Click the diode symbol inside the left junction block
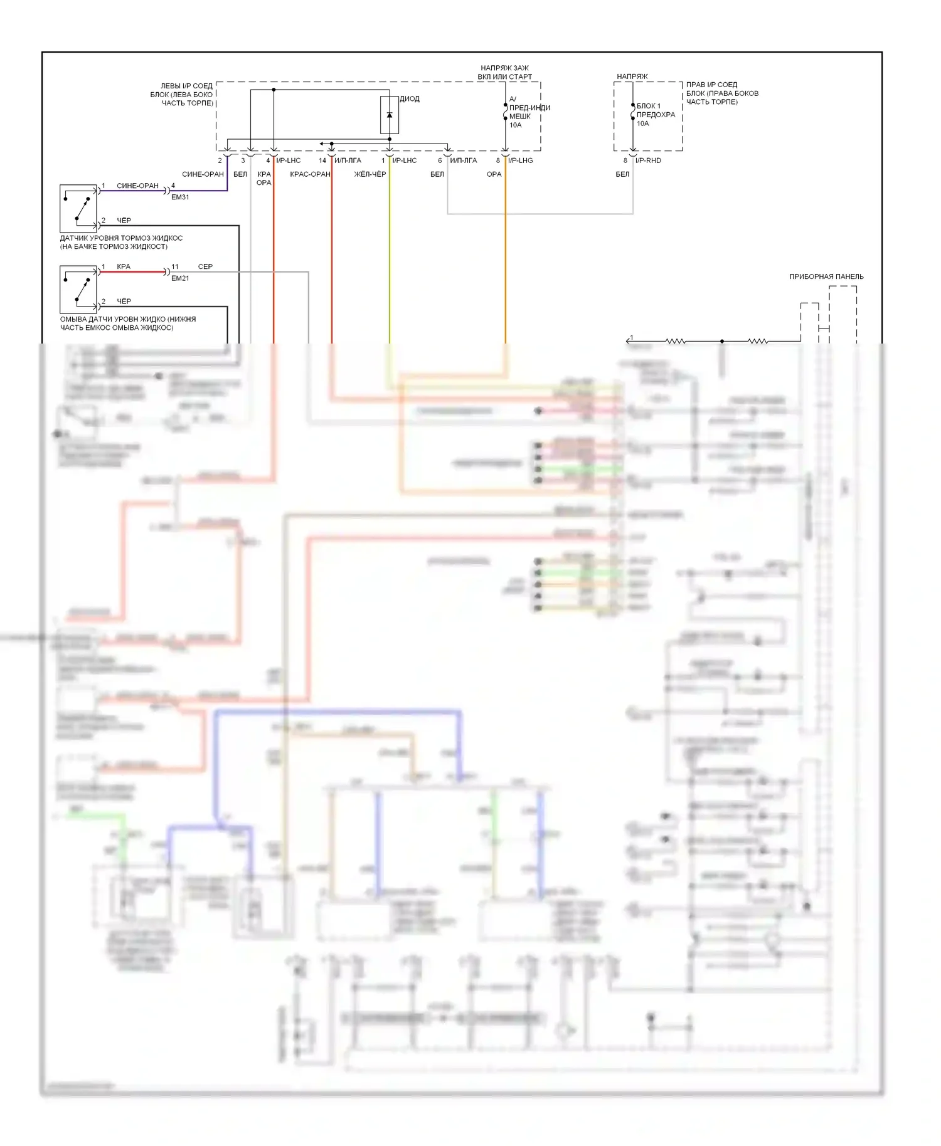click(x=390, y=115)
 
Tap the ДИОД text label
click(x=410, y=99)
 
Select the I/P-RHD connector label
click(x=648, y=160)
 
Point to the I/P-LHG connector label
click(x=521, y=160)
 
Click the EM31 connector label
click(x=180, y=197)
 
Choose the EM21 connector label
click(x=180, y=278)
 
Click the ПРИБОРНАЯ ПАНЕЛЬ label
click(x=826, y=276)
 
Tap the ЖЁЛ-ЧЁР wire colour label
click(x=370, y=174)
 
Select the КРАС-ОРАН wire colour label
click(x=310, y=174)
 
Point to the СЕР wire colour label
click(x=205, y=266)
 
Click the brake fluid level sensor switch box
click(x=78, y=209)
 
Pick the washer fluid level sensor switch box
click(x=78, y=290)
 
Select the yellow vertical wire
click(x=390, y=251)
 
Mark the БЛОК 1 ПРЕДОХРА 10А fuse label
click(x=656, y=115)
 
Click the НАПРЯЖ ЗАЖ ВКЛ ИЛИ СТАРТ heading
click(x=504, y=72)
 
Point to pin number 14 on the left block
click(x=322, y=160)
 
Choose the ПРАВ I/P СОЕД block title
click(x=721, y=93)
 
